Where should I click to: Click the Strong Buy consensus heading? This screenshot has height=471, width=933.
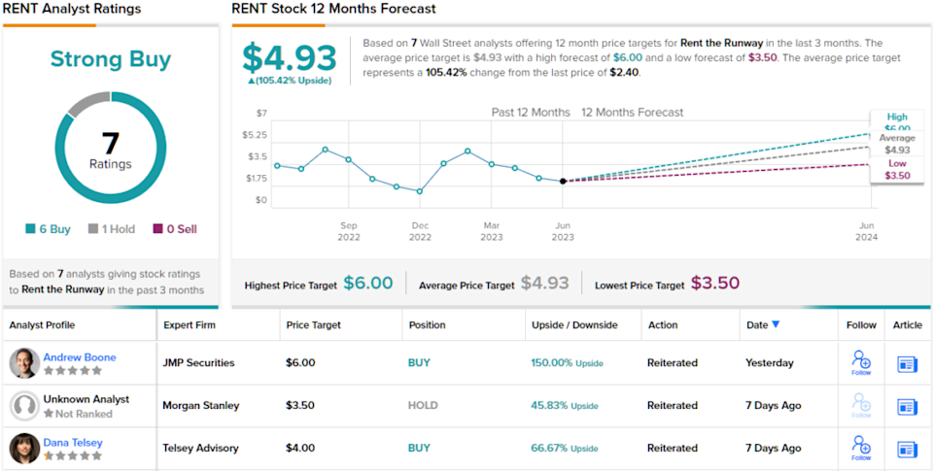coord(111,59)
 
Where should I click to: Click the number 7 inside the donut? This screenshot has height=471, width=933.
coord(111,143)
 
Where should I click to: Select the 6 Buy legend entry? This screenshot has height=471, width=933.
coord(49,229)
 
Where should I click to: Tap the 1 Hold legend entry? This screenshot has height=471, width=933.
coord(111,229)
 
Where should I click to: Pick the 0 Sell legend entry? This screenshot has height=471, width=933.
coord(175,229)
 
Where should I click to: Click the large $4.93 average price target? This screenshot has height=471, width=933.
coord(289,58)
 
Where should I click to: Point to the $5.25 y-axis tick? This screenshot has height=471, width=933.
coord(255,134)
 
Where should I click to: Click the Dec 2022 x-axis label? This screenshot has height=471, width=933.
coord(420,231)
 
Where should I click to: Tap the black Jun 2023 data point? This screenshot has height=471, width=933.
coord(563,181)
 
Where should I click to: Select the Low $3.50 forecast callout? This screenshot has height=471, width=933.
coord(897,169)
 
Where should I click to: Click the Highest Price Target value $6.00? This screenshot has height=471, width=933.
coord(368,284)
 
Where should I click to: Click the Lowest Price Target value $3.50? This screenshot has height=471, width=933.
coord(715,284)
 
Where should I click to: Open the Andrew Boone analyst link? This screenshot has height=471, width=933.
coord(79,356)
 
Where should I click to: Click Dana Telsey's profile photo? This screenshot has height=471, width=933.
coord(24,448)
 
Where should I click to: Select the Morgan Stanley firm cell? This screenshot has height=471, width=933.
coord(200,405)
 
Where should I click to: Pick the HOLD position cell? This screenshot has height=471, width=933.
coord(423,405)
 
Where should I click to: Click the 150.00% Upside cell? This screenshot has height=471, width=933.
coord(567,363)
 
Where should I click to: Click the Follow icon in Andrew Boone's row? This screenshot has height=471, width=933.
coord(861,362)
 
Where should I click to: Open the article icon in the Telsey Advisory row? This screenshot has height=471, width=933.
coord(907,449)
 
